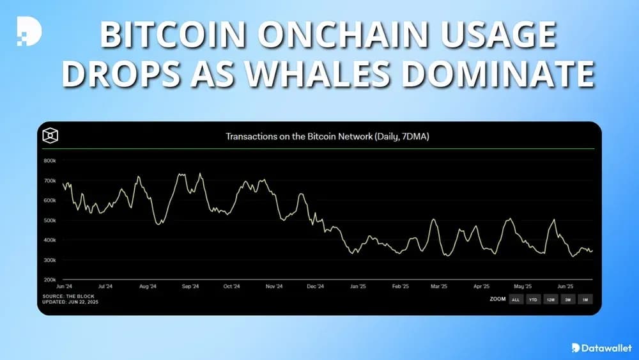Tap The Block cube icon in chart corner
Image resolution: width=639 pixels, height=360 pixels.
tap(50, 136)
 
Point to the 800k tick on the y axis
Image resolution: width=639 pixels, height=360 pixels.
tap(50, 160)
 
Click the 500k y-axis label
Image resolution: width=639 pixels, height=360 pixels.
tap(50, 221)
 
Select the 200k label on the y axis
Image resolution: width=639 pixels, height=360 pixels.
tap(50, 280)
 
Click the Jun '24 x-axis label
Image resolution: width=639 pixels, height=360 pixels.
tap(64, 286)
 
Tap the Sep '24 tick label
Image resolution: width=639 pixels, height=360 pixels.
tap(190, 286)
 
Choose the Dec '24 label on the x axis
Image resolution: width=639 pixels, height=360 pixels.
tap(316, 286)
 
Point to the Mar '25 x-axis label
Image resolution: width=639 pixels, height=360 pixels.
tap(439, 286)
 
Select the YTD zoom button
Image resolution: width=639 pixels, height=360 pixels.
tap(532, 299)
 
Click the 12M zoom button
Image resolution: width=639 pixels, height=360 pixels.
tap(550, 299)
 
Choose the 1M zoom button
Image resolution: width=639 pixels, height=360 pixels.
tap(584, 299)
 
